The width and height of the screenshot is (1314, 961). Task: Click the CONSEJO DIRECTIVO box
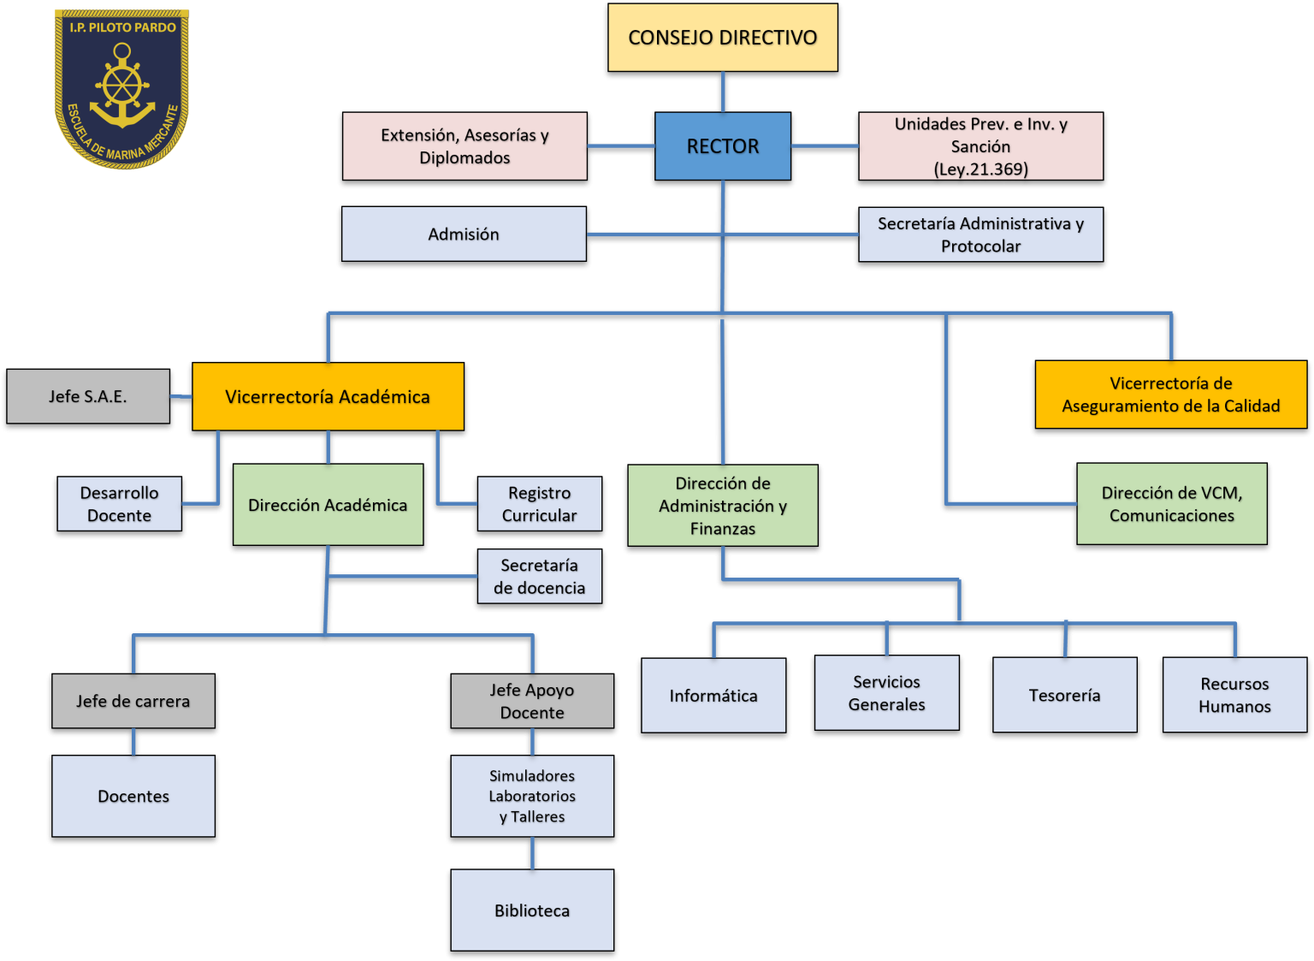723,38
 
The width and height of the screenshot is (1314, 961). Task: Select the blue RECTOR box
723,146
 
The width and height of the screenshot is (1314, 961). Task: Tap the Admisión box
464,234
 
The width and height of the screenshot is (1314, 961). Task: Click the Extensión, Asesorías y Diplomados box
465,146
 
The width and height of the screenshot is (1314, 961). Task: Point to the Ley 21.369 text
980,169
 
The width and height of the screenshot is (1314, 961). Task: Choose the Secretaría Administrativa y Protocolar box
980,234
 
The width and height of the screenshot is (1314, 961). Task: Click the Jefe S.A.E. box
88,396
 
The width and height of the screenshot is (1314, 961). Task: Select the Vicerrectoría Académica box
328,396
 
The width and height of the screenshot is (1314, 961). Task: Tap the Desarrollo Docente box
119,504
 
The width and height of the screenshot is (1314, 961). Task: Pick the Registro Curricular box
539,504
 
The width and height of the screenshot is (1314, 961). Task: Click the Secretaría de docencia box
539,576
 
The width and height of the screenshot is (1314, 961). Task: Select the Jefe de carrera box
133,701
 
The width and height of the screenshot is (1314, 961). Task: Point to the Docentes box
133,796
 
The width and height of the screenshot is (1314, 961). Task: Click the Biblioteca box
532,910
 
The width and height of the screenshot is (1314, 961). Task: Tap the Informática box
713,695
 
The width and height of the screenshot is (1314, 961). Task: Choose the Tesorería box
1064,695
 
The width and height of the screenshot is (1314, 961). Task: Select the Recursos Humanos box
1234,695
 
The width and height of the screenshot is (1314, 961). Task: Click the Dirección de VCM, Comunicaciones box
1171,504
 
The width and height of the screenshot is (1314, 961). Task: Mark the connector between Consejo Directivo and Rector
723,92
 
